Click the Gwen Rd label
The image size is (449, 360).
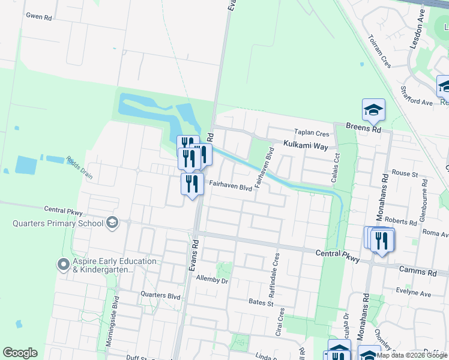click(x=38, y=17)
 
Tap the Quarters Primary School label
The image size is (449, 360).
click(x=58, y=224)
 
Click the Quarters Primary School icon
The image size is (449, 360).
click(x=112, y=223)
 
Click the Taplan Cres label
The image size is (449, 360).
click(x=312, y=133)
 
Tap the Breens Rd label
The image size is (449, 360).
click(x=364, y=128)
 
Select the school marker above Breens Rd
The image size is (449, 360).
click(x=373, y=110)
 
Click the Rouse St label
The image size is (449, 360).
click(x=405, y=173)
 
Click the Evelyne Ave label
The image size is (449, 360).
click(x=413, y=293)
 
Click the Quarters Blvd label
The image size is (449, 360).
click(x=160, y=295)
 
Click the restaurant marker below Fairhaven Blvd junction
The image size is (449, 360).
click(x=192, y=184)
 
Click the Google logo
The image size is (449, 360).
click(x=20, y=353)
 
